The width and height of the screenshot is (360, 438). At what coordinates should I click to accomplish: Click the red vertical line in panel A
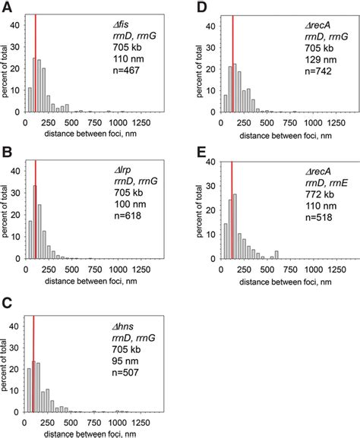[35, 65]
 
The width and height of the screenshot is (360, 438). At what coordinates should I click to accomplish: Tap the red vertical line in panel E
[232, 213]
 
